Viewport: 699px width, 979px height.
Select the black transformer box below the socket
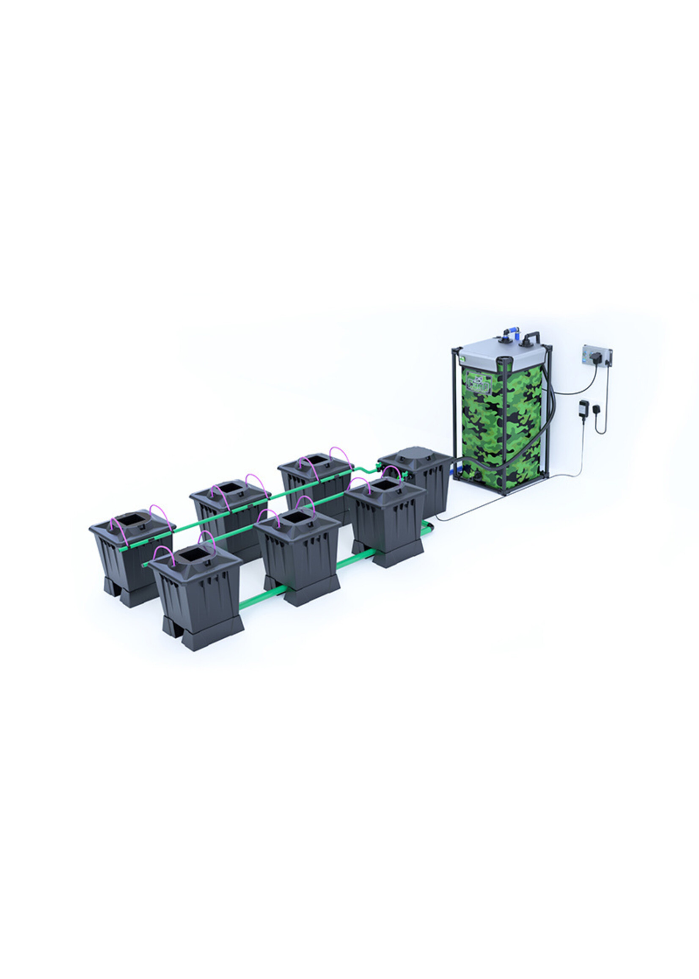click(x=584, y=406)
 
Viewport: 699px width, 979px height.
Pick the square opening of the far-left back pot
click(x=131, y=521)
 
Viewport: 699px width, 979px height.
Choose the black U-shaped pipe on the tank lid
click(x=532, y=337)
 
